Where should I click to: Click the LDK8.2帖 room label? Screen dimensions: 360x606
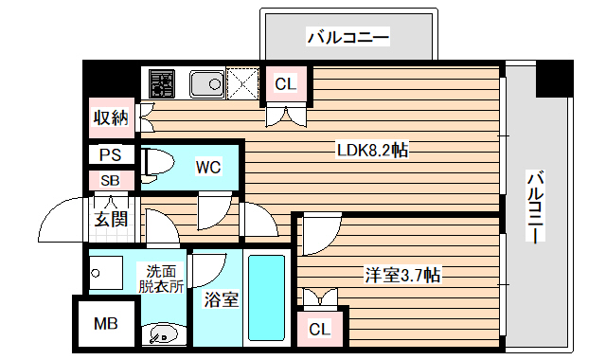click(372, 150)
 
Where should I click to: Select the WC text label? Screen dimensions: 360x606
click(208, 168)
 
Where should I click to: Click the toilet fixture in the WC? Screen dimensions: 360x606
click(157, 164)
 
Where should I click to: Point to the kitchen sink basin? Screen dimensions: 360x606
click(205, 85)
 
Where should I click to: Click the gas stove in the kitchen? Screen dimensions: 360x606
click(161, 84)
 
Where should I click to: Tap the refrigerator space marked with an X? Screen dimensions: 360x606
click(243, 84)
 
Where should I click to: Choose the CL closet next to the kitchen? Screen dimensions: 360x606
click(285, 84)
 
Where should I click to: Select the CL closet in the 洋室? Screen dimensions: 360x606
click(320, 329)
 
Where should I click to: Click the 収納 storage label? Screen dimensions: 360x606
click(110, 117)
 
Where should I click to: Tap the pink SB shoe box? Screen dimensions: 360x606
click(110, 180)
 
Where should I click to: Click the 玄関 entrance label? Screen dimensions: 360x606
click(110, 221)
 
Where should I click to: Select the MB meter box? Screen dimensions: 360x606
click(106, 324)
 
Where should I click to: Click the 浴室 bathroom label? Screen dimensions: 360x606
click(220, 300)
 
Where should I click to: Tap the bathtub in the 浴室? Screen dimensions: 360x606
click(268, 298)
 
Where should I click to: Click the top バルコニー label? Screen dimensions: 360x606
click(348, 39)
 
